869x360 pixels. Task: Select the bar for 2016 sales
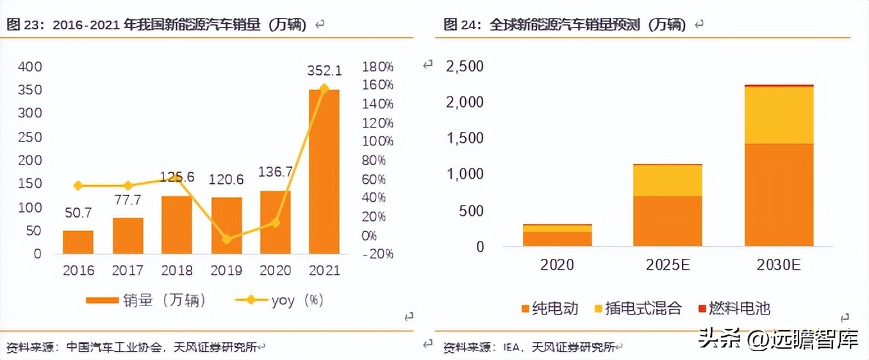78,242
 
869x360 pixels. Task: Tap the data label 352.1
324,70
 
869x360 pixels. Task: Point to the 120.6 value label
226,180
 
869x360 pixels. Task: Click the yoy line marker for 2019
226,239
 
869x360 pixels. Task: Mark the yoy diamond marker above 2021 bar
324,88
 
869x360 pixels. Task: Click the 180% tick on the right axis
378,67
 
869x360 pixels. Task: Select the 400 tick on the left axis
29,67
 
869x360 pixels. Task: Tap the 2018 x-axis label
177,270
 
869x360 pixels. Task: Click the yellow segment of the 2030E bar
779,115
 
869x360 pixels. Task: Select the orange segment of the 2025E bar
667,221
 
